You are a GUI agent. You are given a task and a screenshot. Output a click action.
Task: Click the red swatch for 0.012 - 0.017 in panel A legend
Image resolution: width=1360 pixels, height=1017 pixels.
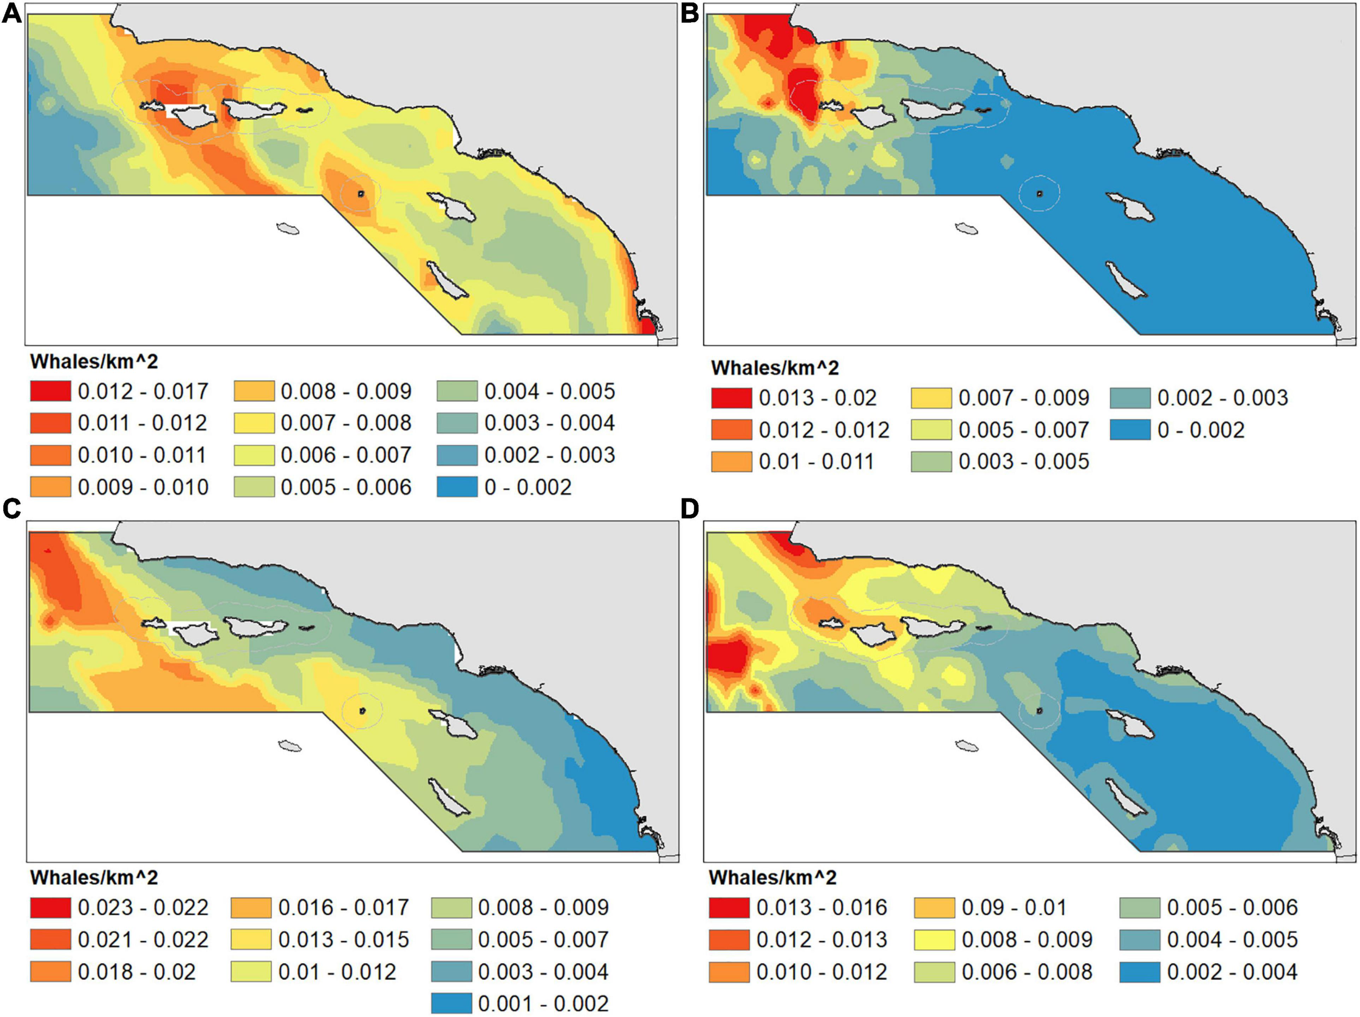point(51,391)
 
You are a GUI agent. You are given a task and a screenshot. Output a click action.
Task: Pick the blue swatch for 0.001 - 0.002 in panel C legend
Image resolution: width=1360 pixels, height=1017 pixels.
point(452,1003)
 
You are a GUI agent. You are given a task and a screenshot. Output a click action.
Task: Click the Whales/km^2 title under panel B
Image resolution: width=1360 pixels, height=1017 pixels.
point(774,368)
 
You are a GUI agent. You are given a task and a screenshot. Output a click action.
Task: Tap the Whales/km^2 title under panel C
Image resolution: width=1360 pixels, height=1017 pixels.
point(94,877)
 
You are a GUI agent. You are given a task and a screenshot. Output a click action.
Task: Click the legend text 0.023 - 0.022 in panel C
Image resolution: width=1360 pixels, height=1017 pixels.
point(143,908)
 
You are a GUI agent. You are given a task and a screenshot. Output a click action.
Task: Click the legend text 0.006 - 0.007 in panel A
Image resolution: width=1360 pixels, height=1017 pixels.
point(345,455)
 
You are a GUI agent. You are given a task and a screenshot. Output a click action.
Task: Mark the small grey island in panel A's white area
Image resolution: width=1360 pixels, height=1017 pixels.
point(288,229)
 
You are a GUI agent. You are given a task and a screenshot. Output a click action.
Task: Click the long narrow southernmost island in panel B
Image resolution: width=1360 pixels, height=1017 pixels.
point(1127,280)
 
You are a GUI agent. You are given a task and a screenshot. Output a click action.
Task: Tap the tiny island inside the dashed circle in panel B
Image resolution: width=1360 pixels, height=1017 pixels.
point(1039,193)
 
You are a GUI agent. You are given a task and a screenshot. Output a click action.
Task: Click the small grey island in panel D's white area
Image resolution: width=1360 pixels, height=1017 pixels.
point(967,745)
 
